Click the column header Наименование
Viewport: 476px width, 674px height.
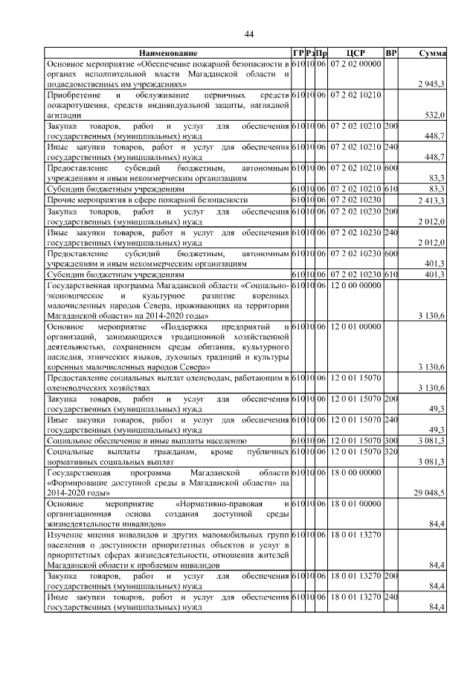coord(167,54)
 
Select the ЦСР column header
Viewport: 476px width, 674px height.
coord(355,54)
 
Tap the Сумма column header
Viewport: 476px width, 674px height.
coord(432,54)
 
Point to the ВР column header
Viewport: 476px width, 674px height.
coord(391,54)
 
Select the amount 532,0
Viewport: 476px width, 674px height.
coord(434,115)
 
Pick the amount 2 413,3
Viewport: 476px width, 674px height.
coord(431,200)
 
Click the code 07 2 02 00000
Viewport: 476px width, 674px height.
coord(356,64)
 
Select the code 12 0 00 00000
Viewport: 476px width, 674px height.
coord(356,285)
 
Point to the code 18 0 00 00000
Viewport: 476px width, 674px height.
coord(356,473)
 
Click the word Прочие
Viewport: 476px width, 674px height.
coord(61,201)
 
